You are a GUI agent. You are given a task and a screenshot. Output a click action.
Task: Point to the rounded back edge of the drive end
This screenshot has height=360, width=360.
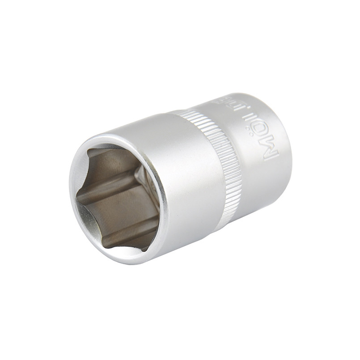[x=286, y=148]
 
